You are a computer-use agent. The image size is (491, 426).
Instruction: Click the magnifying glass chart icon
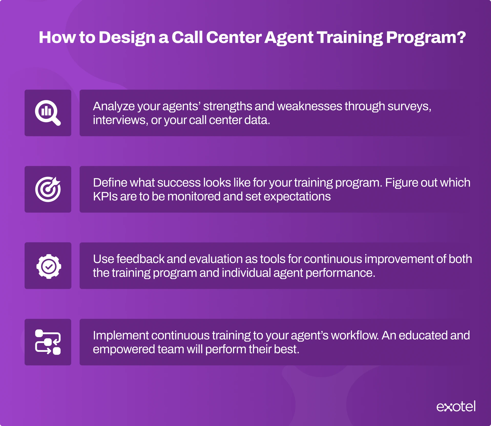point(48,113)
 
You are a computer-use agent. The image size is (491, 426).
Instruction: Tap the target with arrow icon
point(48,189)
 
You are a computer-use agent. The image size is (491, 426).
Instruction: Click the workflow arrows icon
point(48,342)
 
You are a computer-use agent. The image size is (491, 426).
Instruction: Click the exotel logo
point(456,407)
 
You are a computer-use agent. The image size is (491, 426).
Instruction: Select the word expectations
point(297,197)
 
